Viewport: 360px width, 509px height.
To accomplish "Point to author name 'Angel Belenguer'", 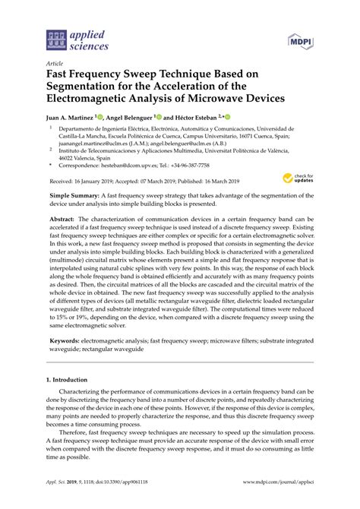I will [127, 118].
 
